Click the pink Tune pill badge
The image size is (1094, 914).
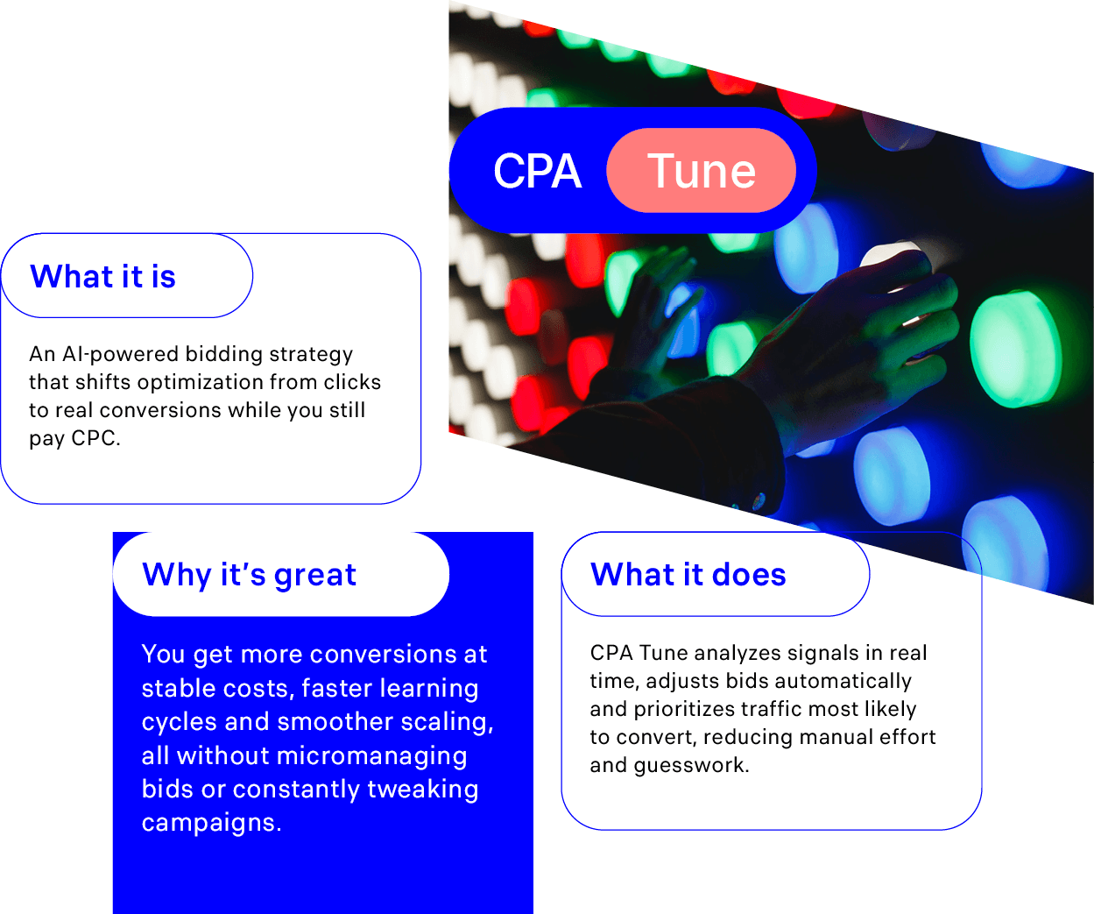point(701,170)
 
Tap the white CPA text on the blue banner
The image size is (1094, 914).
point(537,171)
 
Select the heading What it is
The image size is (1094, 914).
point(102,276)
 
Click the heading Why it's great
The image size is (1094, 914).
point(249,575)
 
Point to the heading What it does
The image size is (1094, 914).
point(688,574)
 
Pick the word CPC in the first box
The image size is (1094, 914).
point(93,438)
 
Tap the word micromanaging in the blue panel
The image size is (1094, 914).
point(371,756)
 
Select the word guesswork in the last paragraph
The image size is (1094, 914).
point(691,765)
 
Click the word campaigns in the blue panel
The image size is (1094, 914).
point(211,823)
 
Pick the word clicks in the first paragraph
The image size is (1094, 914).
point(352,382)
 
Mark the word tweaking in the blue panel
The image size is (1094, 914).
point(423,790)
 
